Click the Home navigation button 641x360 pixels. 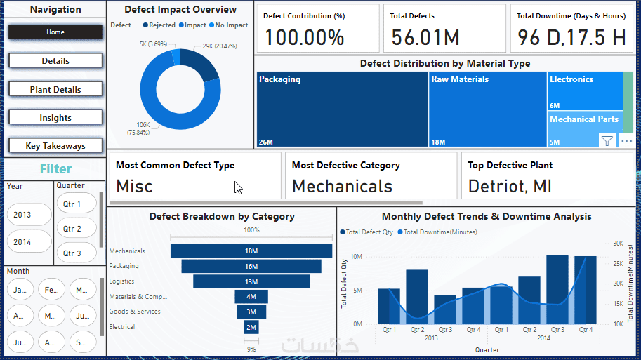pyautogui.click(x=55, y=32)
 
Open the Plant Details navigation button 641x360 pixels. pyautogui.click(x=55, y=90)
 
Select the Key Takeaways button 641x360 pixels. pyautogui.click(x=55, y=146)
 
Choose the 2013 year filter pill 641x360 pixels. pyautogui.click(x=22, y=215)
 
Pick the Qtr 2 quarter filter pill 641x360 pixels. pyautogui.click(x=72, y=229)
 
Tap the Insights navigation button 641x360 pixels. pyautogui.click(x=55, y=118)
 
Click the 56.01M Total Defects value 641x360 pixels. pyautogui.click(x=426, y=37)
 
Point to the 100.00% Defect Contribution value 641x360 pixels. pyautogui.click(x=304, y=37)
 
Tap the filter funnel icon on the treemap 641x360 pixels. pyautogui.click(x=607, y=140)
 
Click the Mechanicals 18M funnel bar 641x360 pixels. pyautogui.click(x=251, y=251)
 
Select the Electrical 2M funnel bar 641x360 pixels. pyautogui.click(x=251, y=327)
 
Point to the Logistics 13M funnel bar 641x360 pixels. pyautogui.click(x=251, y=281)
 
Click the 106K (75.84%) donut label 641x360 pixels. pyautogui.click(x=143, y=128)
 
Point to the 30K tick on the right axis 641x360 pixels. pyautogui.click(x=618, y=244)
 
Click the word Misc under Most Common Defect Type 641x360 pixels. pyautogui.click(x=134, y=186)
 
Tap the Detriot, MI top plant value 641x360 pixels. pyautogui.click(x=510, y=186)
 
